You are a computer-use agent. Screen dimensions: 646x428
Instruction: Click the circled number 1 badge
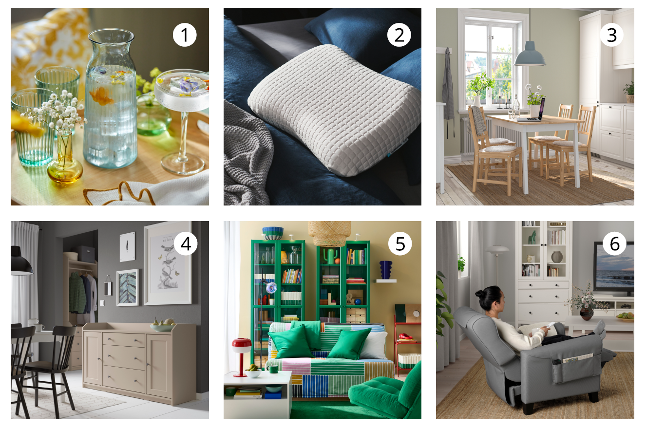[185, 35]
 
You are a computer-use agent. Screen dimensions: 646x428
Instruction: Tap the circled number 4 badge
[186, 243]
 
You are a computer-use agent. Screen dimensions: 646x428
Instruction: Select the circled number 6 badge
[614, 243]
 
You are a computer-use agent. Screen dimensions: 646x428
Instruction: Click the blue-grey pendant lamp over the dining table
[530, 54]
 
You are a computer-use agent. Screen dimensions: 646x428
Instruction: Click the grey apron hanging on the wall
[448, 87]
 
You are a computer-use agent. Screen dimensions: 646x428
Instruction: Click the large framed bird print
[168, 263]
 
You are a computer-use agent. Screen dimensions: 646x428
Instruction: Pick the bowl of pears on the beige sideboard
[162, 325]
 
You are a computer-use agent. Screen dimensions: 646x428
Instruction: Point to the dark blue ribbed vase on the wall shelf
[385, 270]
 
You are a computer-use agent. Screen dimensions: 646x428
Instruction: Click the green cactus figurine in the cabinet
[330, 255]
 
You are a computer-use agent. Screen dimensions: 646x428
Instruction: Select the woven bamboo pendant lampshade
[329, 233]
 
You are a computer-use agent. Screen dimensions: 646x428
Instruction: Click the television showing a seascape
[614, 269]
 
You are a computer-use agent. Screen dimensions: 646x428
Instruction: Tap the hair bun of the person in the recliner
[479, 294]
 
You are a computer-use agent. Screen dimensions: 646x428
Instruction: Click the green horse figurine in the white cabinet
[532, 237]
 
